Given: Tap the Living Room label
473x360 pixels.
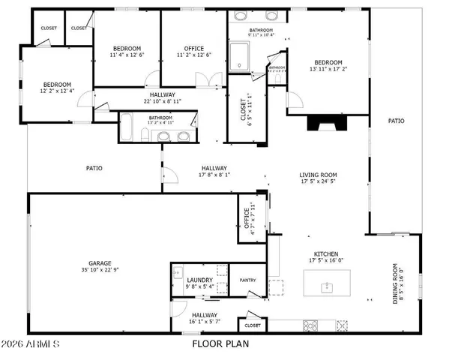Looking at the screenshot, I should click(x=318, y=175).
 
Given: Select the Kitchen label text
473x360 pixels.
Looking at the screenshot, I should click(x=325, y=254).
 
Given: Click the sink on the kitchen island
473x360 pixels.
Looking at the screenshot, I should click(x=326, y=286).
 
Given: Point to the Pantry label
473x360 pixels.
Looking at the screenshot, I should click(x=248, y=280).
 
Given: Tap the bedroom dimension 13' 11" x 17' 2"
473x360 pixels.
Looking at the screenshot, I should click(x=328, y=69).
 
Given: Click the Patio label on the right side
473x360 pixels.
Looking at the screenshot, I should click(x=396, y=121).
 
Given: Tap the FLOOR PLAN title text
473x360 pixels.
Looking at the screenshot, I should click(x=220, y=344).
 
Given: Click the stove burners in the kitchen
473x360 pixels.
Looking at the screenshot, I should click(x=310, y=325).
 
